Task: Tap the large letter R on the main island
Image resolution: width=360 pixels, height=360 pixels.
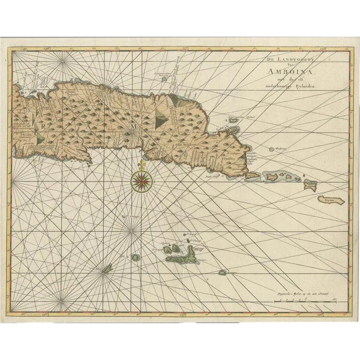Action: (43, 127)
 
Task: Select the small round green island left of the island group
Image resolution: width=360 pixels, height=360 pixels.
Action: (136, 257)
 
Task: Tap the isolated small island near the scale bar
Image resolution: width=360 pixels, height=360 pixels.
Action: (223, 272)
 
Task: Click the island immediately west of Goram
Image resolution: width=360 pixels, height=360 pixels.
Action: (308, 182)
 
